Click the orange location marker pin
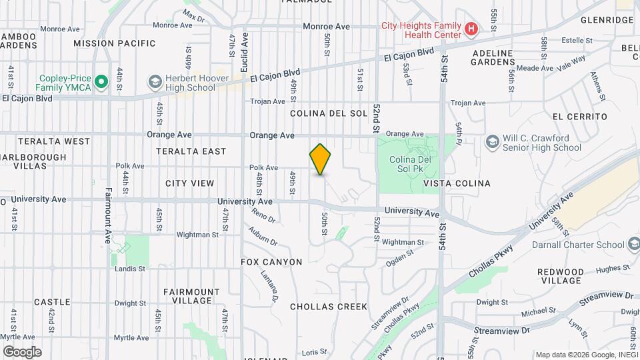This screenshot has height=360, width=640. click(321, 159)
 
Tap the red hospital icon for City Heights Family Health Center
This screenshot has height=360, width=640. click(471, 29)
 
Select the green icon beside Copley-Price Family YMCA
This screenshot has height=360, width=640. click(101, 82)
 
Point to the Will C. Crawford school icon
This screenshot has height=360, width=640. click(492, 142)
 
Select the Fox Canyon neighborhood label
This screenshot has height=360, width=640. click(271, 262)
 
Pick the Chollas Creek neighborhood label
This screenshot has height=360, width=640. click(329, 307)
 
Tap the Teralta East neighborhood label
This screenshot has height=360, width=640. click(191, 151)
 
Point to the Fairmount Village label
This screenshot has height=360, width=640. click(191, 296)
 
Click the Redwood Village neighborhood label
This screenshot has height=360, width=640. click(560, 276)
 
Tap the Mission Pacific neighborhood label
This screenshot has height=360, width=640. click(115, 43)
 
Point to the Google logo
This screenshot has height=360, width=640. click(22, 351)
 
